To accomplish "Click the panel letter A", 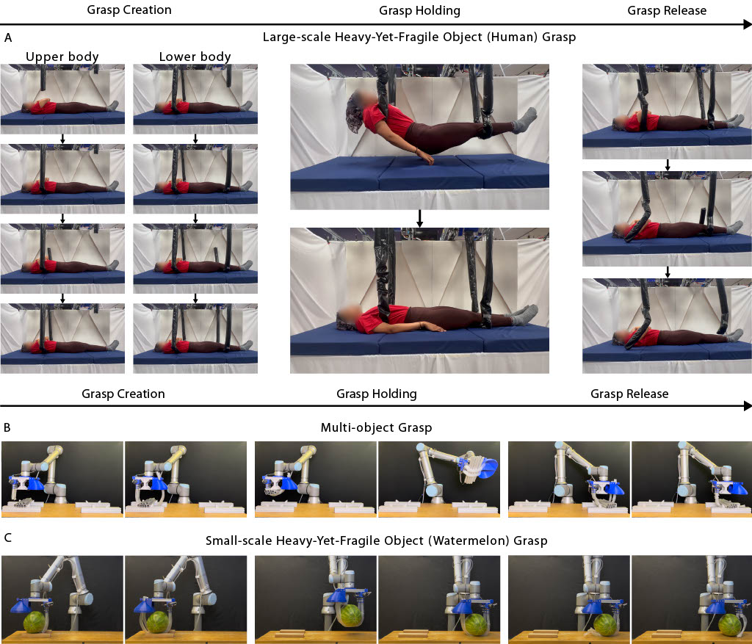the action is pos(7,38).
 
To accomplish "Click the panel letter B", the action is pos(7,427).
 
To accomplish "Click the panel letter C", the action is pos(7,538).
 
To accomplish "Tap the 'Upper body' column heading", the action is pos(62,57).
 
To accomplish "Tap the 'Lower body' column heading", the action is pos(195,57).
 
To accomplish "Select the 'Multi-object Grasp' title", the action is pos(376,427).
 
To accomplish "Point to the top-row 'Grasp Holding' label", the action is pos(419,10).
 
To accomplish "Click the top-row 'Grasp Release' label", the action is pos(667,10).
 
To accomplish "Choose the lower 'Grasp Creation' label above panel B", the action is pos(123,394).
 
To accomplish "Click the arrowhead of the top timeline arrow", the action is pos(747,24).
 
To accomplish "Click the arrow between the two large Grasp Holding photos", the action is pos(419,218).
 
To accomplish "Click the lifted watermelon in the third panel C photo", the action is pos(352,615).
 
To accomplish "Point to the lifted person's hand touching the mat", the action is pos(425,157).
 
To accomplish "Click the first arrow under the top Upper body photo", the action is pos(62,139).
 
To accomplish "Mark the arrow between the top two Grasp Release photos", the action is pos(668,165).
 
